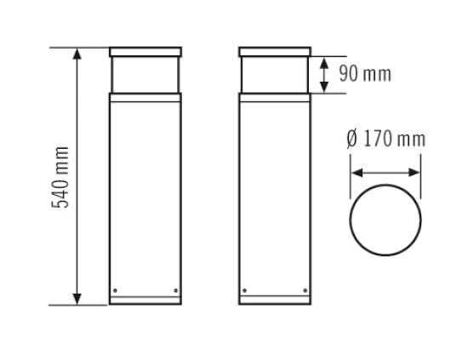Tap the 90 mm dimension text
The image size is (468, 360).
pos(365,74)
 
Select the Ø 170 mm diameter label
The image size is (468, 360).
pos(385,140)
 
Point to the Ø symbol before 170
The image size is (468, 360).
pos(352,140)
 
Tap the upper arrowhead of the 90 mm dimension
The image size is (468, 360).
pos(323,61)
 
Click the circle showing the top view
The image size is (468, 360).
pos(385,219)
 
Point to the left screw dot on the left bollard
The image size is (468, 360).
pos(116,291)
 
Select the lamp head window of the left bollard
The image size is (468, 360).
pos(146,74)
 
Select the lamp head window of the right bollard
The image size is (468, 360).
pos(275,74)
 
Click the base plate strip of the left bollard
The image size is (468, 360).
pos(146,300)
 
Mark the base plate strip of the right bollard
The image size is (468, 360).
pos(275,300)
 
